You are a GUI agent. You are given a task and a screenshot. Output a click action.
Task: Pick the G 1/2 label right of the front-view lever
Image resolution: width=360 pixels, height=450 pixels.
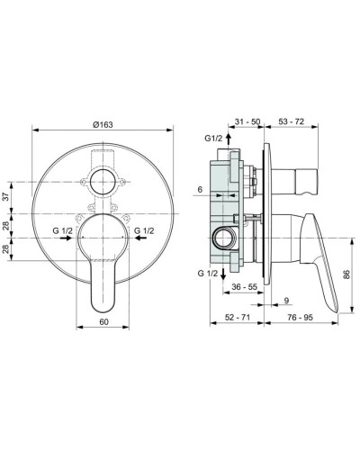[144, 231]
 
